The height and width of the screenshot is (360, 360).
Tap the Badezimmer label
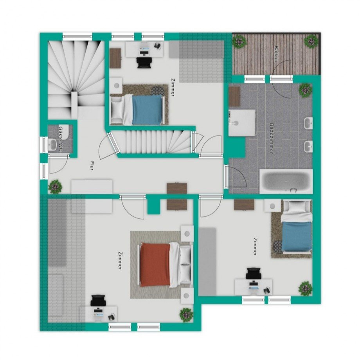click(x=272, y=138)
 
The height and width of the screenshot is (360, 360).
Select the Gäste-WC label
click(x=61, y=139)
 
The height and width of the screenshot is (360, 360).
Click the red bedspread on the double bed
click(x=155, y=265)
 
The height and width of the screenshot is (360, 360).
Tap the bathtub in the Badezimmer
click(x=286, y=181)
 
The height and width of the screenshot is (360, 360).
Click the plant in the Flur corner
click(x=55, y=186)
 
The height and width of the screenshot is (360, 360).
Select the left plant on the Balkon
click(x=239, y=41)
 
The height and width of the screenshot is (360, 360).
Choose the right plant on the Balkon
click(x=311, y=41)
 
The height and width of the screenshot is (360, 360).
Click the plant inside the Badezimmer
click(x=305, y=90)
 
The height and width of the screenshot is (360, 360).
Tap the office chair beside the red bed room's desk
click(x=98, y=301)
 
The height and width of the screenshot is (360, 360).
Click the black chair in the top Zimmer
click(x=144, y=63)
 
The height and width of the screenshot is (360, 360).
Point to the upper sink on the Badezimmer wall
click(x=308, y=123)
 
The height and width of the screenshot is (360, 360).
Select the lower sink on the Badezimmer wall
click(x=308, y=146)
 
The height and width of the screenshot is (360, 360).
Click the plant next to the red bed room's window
click(x=186, y=315)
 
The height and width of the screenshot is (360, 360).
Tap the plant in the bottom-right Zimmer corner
click(x=305, y=288)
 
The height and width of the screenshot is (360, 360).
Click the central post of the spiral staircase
click(x=74, y=104)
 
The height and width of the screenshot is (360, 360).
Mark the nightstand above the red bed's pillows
click(x=187, y=234)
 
